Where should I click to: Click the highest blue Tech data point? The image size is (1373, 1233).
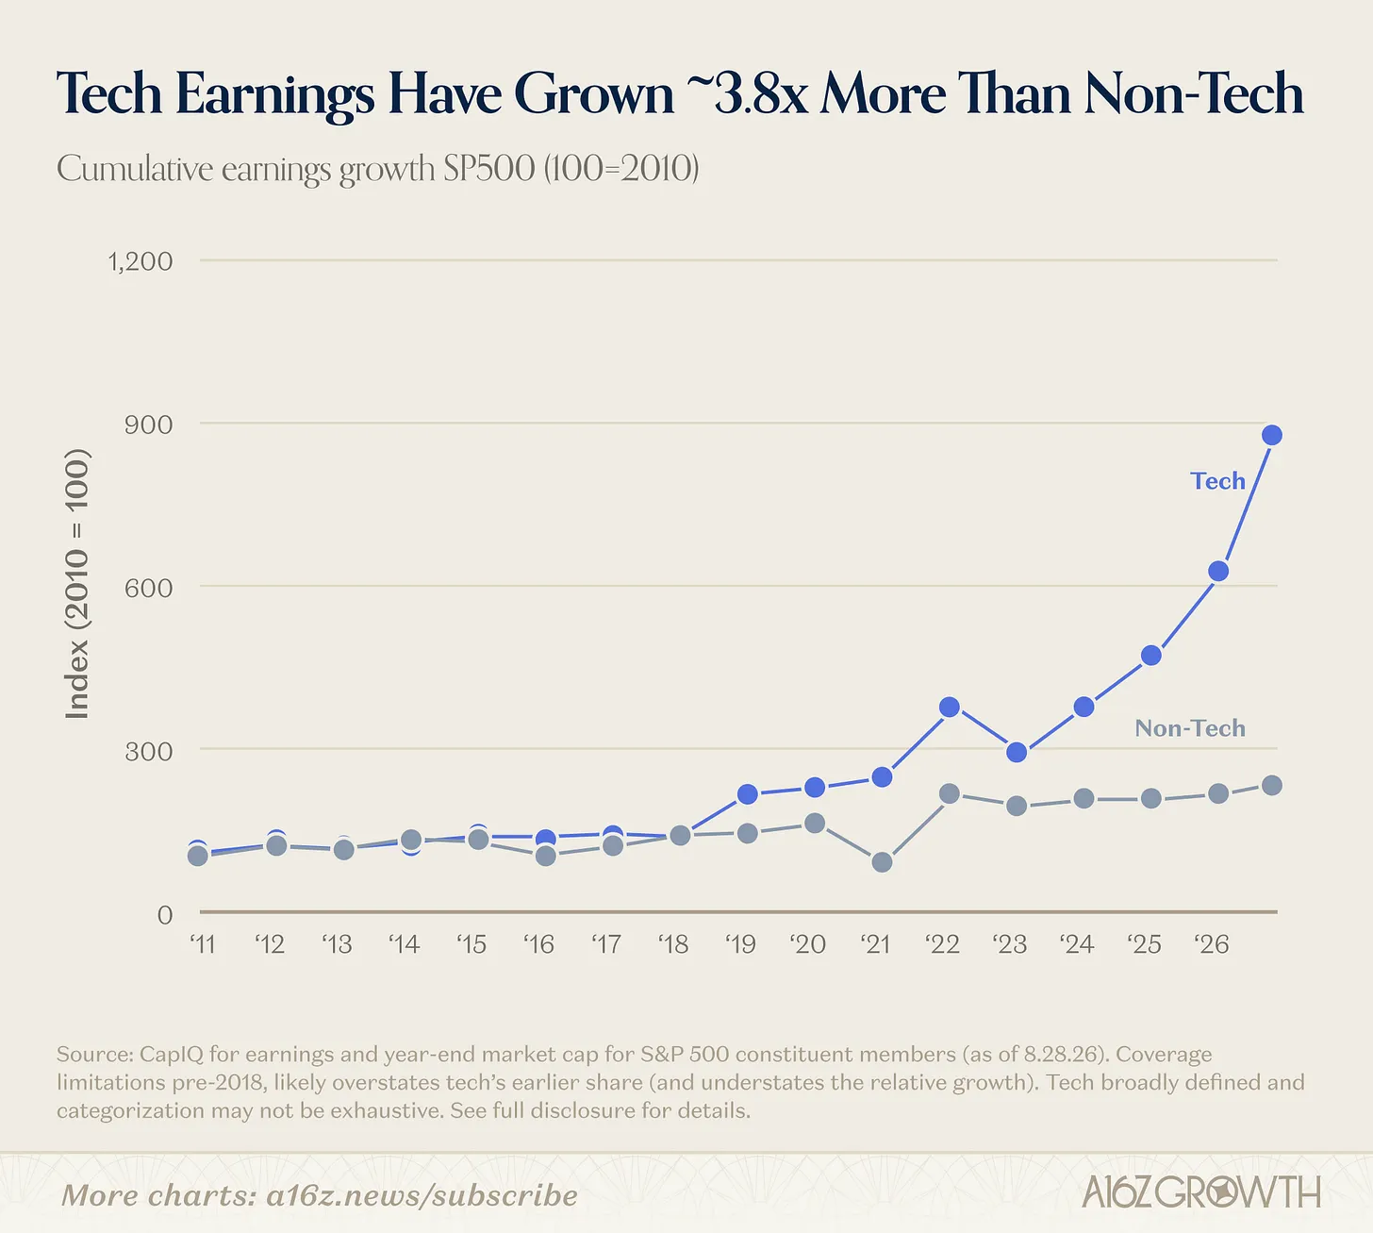tap(1272, 435)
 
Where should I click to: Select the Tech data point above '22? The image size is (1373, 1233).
tap(950, 708)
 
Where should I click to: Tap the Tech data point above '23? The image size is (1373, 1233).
tap(1017, 752)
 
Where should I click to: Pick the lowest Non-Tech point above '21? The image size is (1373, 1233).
tap(882, 862)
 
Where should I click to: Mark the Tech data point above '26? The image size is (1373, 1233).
tap(1218, 572)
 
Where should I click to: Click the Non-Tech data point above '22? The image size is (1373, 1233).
tap(950, 793)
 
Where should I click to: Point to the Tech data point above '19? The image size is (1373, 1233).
tap(748, 794)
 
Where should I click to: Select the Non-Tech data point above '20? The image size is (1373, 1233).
tap(815, 824)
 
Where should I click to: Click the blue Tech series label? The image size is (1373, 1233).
tap(1217, 480)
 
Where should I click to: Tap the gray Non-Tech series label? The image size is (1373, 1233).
tap(1190, 728)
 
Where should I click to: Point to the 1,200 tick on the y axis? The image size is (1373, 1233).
tap(141, 261)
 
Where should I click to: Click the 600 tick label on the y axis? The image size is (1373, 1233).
tap(148, 588)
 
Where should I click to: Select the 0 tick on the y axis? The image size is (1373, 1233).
tap(165, 915)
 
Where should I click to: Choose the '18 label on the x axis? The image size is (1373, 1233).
tap(673, 944)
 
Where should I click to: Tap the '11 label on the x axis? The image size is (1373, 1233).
tap(203, 944)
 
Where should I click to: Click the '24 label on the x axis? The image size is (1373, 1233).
tap(1078, 944)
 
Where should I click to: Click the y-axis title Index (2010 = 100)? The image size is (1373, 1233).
tap(76, 584)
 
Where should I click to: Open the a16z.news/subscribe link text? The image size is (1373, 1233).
tap(422, 1195)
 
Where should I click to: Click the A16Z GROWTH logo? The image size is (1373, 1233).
tap(1201, 1191)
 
